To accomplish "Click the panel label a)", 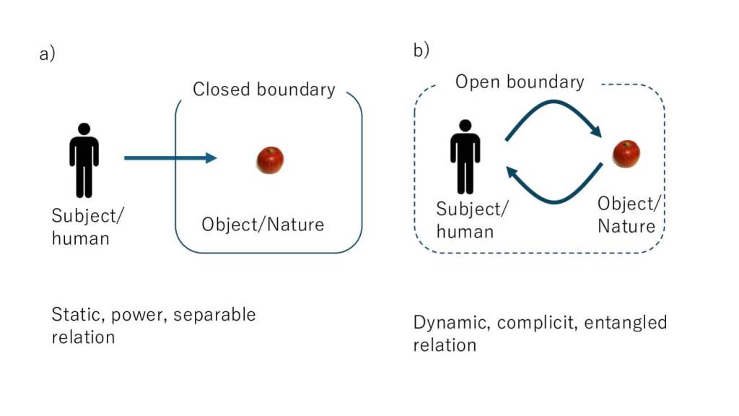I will pyautogui.click(x=47, y=55).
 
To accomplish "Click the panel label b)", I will pyautogui.click(x=421, y=50).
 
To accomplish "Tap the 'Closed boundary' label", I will pyautogui.click(x=264, y=90).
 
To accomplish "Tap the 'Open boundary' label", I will pyautogui.click(x=519, y=82).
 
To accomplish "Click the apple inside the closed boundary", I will pyautogui.click(x=270, y=160).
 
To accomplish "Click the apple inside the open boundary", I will pyautogui.click(x=626, y=154).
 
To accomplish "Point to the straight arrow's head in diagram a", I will pyautogui.click(x=211, y=157).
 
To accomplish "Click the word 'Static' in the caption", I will pyautogui.click(x=74, y=315).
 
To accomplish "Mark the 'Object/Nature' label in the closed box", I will pyautogui.click(x=263, y=225).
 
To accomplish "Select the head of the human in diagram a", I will pyautogui.click(x=84, y=129).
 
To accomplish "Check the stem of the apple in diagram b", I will pyautogui.click(x=627, y=144).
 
